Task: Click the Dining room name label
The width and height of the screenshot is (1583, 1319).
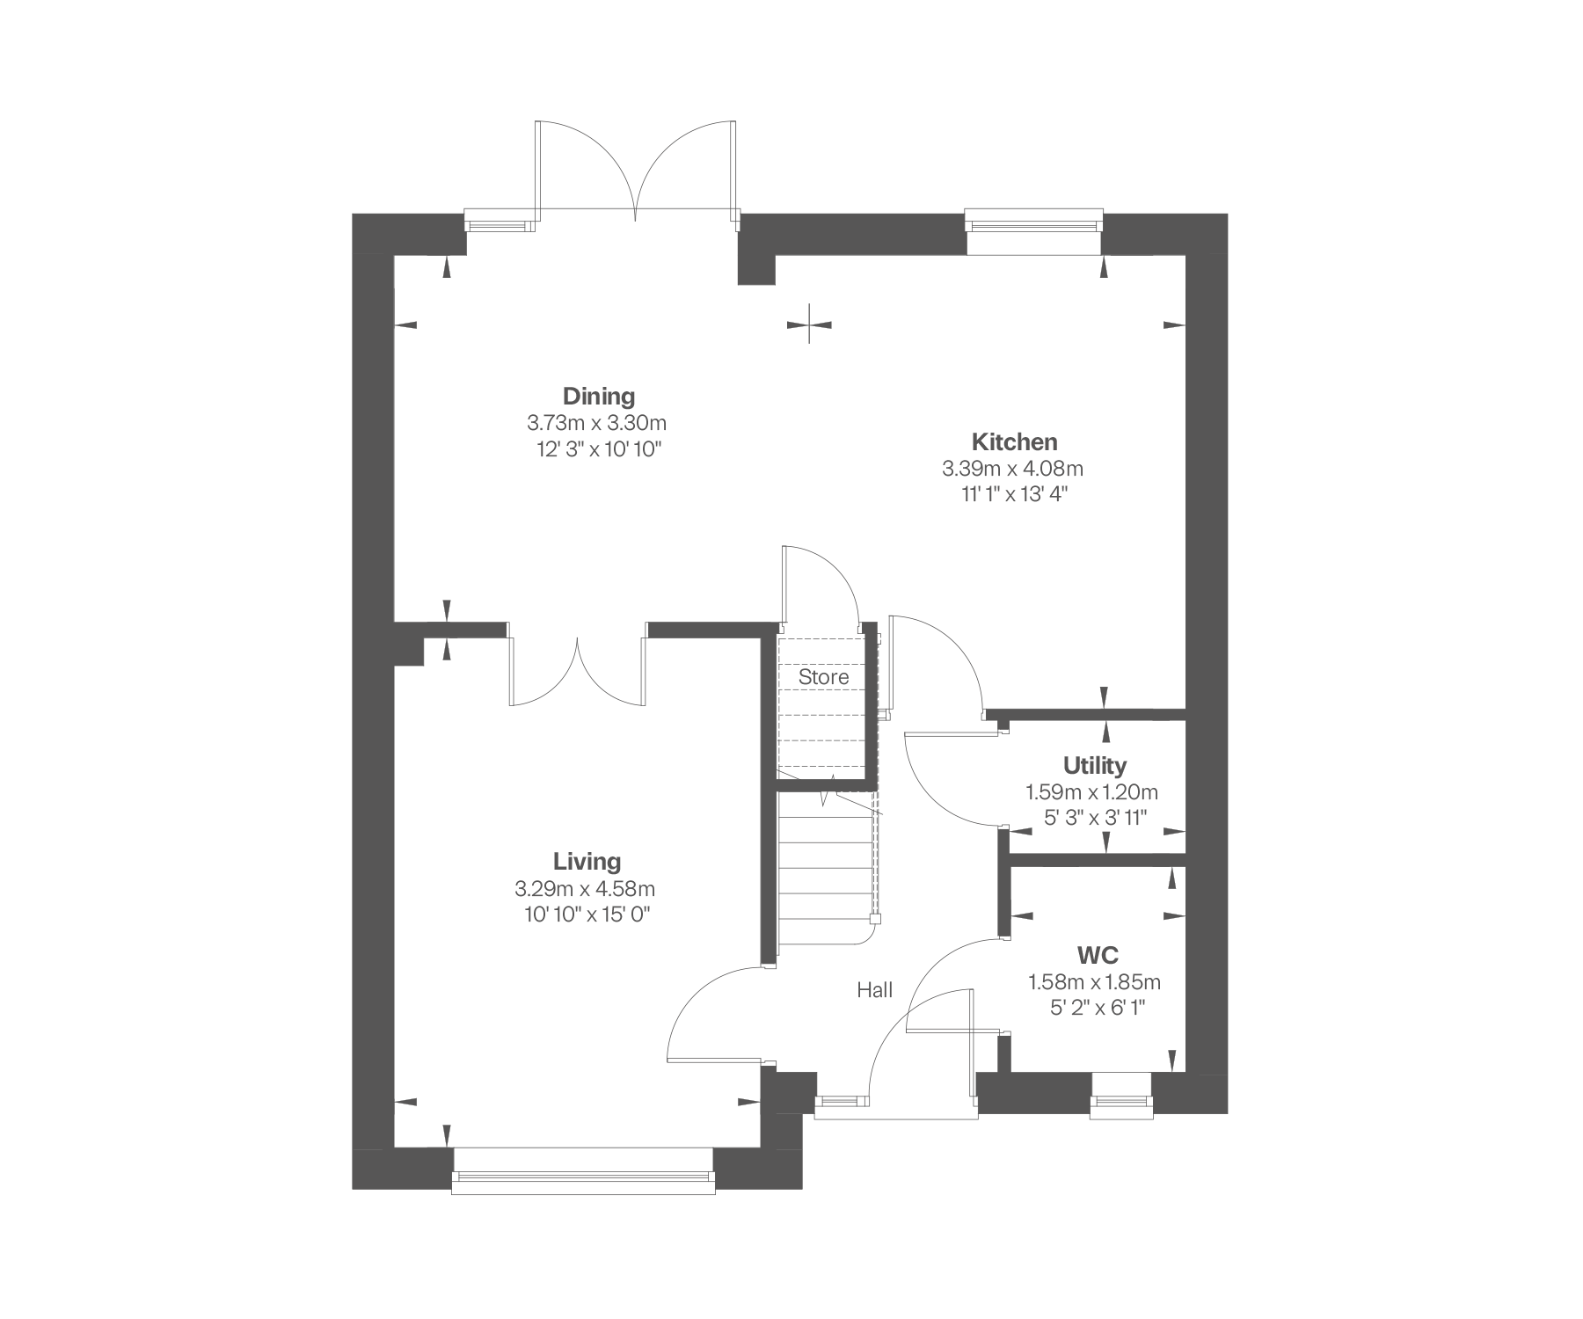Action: tap(599, 396)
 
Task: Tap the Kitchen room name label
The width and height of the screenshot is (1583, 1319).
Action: tap(1014, 441)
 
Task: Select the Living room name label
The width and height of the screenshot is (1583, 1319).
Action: tap(587, 862)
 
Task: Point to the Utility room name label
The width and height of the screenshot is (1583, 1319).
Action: tap(1094, 766)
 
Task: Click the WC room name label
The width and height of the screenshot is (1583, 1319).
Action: tap(1098, 955)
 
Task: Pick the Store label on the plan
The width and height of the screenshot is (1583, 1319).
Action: tap(824, 677)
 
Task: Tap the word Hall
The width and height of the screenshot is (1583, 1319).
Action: tap(875, 990)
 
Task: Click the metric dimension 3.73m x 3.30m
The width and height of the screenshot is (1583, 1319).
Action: tap(597, 423)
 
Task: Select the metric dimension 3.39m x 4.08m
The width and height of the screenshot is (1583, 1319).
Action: tap(1013, 469)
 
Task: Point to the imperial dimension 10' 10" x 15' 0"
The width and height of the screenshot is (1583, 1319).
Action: tap(587, 915)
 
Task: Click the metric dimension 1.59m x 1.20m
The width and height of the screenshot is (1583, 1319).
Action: tap(1092, 792)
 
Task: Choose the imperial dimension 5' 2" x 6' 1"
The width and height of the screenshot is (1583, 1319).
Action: tap(1098, 1008)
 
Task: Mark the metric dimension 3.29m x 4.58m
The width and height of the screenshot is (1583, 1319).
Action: tap(586, 888)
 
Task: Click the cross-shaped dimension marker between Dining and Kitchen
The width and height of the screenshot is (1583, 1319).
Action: tap(810, 324)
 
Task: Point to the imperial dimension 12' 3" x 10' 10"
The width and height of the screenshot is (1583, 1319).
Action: tap(598, 449)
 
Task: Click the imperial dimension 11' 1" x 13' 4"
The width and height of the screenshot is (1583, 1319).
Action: tap(1013, 494)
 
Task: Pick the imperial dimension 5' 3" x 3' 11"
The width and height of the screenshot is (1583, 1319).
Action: tap(1096, 818)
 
